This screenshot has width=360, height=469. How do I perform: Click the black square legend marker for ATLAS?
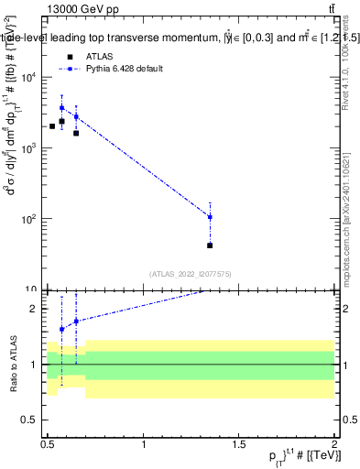tap(69, 56)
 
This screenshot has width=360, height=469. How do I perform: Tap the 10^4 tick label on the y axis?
tap(29, 77)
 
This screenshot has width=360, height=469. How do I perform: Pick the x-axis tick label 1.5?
tap(239, 444)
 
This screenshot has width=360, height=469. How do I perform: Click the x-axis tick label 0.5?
tap(48, 444)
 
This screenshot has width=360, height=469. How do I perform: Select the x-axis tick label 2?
tap(334, 444)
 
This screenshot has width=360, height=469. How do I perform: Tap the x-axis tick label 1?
tap(144, 444)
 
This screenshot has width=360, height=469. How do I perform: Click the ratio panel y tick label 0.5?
tap(33, 420)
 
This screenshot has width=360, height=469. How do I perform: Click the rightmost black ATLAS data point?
tap(210, 245)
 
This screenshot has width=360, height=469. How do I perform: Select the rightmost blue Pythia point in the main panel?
tap(210, 217)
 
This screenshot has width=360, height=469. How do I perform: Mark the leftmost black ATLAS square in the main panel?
tap(52, 126)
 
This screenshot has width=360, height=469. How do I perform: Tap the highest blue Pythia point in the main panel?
tap(62, 107)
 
